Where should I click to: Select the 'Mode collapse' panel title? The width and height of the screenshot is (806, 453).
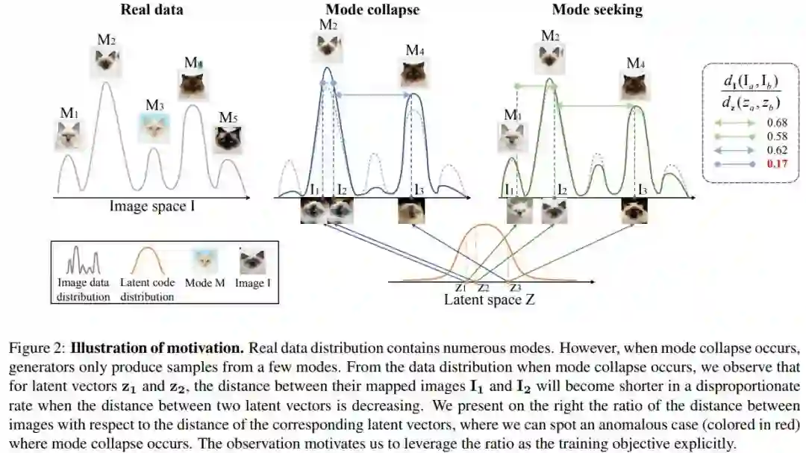[x=372, y=10]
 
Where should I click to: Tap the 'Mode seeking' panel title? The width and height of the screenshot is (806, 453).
[x=597, y=10]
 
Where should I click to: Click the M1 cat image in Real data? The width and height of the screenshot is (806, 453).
[x=69, y=136]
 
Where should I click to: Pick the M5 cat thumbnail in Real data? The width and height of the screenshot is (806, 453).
[x=228, y=139]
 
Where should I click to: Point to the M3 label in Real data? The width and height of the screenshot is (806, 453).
[x=154, y=105]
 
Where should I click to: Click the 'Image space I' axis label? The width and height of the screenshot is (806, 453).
[x=152, y=206]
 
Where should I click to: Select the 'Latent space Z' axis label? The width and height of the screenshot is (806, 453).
[x=489, y=300]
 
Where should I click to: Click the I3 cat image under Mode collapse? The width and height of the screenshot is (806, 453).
[x=412, y=210]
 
